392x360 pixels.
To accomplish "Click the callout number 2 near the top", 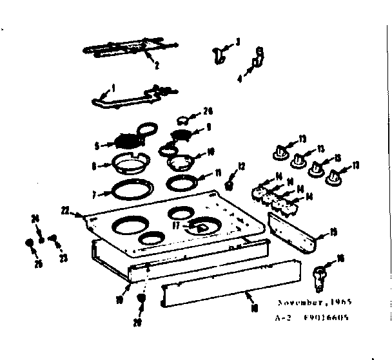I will [x=156, y=64].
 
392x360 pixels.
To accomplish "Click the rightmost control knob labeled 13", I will [x=335, y=176].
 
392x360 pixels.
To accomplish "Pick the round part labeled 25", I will [x=30, y=243].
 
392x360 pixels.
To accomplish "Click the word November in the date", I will [x=299, y=302].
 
